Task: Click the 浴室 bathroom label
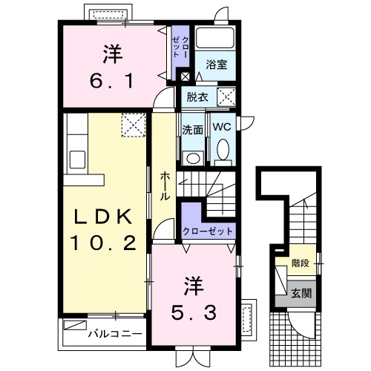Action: tap(217, 65)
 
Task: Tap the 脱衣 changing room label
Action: tap(197, 96)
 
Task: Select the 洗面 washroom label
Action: tap(193, 128)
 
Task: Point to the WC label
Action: tap(223, 127)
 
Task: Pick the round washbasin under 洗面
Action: tap(193, 157)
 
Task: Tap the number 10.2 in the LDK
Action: tap(104, 243)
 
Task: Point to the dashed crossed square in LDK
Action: tap(133, 123)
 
